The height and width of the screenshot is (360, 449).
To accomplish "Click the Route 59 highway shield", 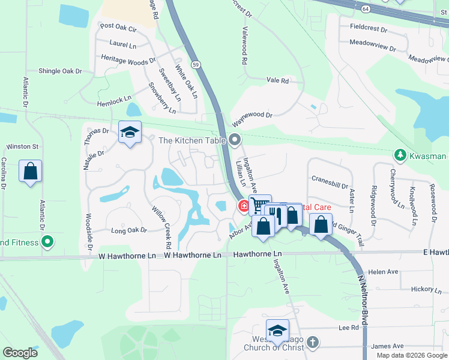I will (x=196, y=64).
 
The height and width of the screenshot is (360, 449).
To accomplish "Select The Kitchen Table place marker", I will (x=235, y=140).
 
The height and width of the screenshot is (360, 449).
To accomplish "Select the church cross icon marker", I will (x=312, y=342).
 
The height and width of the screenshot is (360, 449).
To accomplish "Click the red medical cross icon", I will (x=244, y=206).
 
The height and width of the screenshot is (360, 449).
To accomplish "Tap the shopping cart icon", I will (x=259, y=205).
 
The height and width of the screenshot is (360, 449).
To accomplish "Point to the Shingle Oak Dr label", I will (x=60, y=71).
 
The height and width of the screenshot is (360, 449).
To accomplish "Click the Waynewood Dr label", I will (x=252, y=115).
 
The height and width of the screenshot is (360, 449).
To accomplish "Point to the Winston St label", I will (x=22, y=146).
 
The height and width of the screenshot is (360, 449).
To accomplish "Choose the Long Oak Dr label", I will (x=128, y=230).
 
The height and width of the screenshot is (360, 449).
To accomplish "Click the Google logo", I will (x=20, y=352).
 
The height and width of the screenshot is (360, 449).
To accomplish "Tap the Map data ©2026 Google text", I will (x=411, y=355).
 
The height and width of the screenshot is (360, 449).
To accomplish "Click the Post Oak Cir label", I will (x=119, y=26).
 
